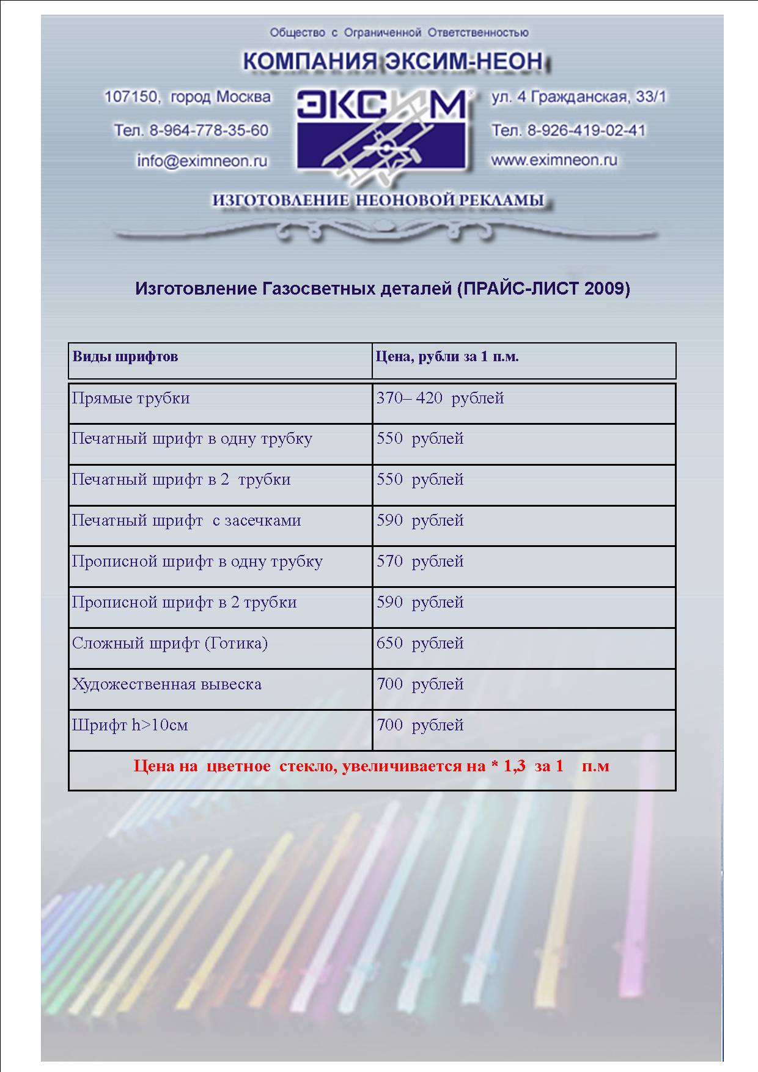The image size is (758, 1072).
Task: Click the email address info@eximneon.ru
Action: point(202,161)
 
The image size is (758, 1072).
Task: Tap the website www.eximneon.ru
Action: point(554,160)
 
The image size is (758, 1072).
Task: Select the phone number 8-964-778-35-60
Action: point(209,130)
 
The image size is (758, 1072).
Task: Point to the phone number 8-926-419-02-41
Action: point(586,130)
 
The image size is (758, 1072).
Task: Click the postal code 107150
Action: point(131,97)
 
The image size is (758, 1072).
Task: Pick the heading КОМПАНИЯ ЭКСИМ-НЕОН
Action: point(392,62)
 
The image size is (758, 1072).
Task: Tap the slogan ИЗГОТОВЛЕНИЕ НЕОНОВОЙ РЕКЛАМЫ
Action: point(378,200)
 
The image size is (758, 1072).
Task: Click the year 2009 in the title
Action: point(603,288)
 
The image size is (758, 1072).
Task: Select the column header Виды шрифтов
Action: point(125,357)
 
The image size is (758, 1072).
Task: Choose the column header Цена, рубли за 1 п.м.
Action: point(447,357)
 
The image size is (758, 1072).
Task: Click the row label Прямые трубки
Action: point(131,398)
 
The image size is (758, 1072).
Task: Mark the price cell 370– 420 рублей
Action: point(440,398)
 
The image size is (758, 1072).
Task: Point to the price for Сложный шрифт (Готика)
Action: point(420,644)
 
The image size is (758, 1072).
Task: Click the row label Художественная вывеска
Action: point(167,685)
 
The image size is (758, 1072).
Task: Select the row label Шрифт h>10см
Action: point(130,725)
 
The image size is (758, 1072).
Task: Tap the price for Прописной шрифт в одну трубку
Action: point(420,562)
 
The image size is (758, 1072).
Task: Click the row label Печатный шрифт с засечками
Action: point(186,521)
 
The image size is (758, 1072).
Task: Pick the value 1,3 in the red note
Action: point(514,766)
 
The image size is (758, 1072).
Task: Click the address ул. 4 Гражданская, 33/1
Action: point(578,97)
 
